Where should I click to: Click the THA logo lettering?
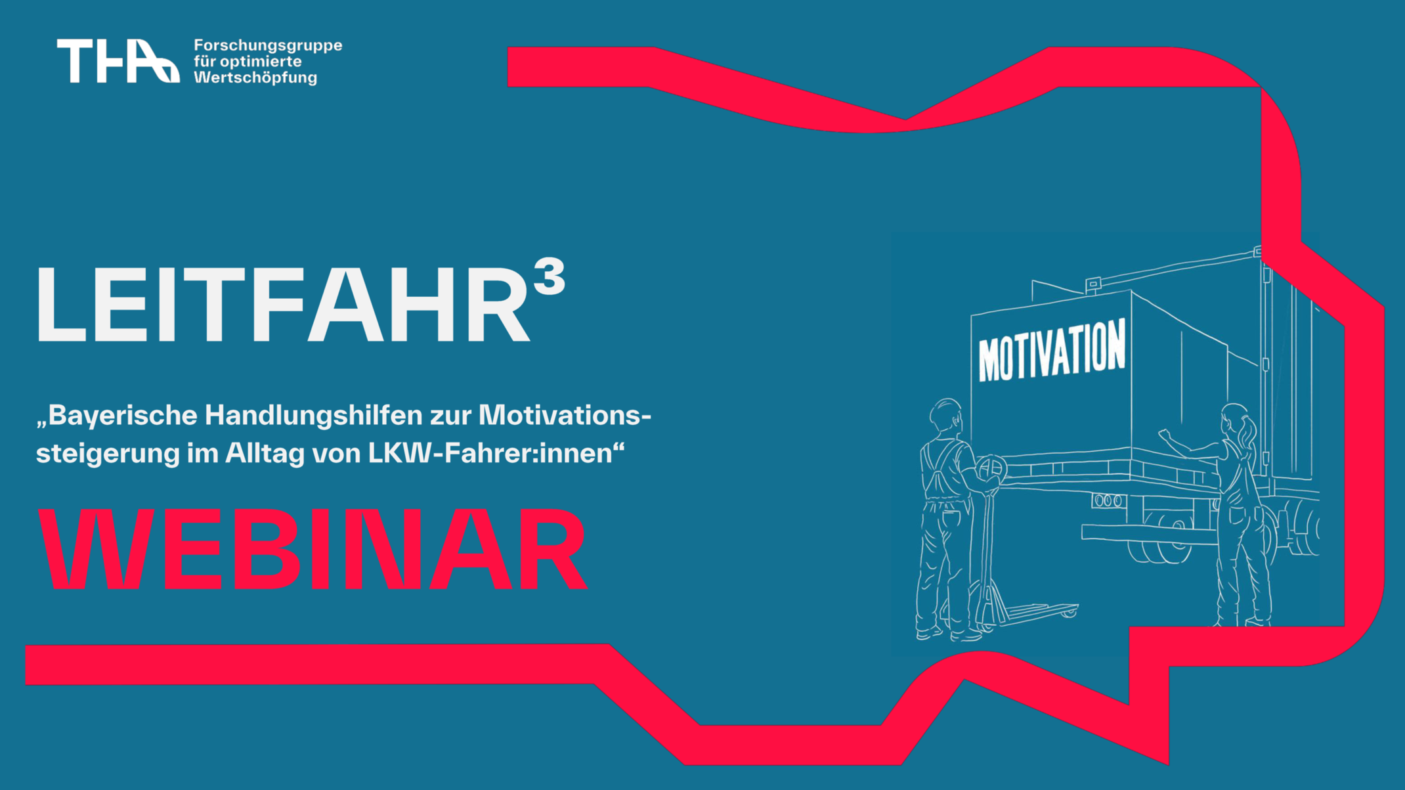(x=118, y=61)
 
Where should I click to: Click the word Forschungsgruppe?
(x=268, y=45)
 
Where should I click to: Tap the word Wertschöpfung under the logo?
(x=255, y=77)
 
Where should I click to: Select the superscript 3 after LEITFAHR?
(x=550, y=276)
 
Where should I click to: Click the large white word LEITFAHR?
(x=282, y=305)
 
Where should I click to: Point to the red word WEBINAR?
(x=312, y=550)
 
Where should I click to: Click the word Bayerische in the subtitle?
(x=121, y=416)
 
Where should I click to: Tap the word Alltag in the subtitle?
(x=265, y=453)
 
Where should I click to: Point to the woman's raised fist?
(x=1165, y=434)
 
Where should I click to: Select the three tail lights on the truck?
(x=1108, y=501)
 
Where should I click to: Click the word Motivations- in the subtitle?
(x=565, y=416)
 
